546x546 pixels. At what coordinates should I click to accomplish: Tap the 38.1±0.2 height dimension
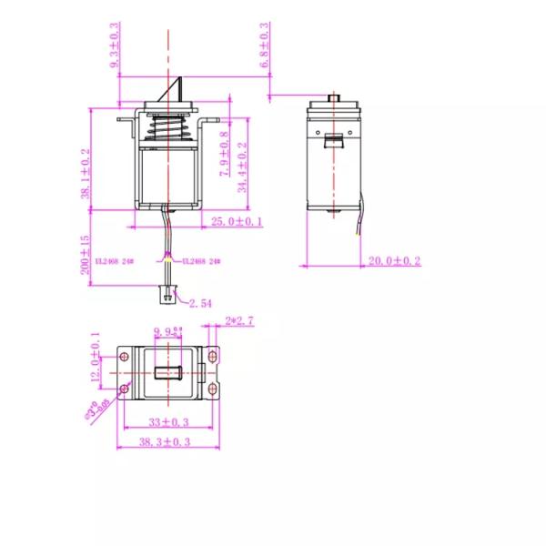(x=86, y=173)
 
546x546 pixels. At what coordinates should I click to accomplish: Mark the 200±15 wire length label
(x=85, y=255)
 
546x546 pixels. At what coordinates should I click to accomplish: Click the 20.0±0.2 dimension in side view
(x=394, y=261)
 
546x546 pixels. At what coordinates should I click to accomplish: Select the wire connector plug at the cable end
(x=167, y=292)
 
